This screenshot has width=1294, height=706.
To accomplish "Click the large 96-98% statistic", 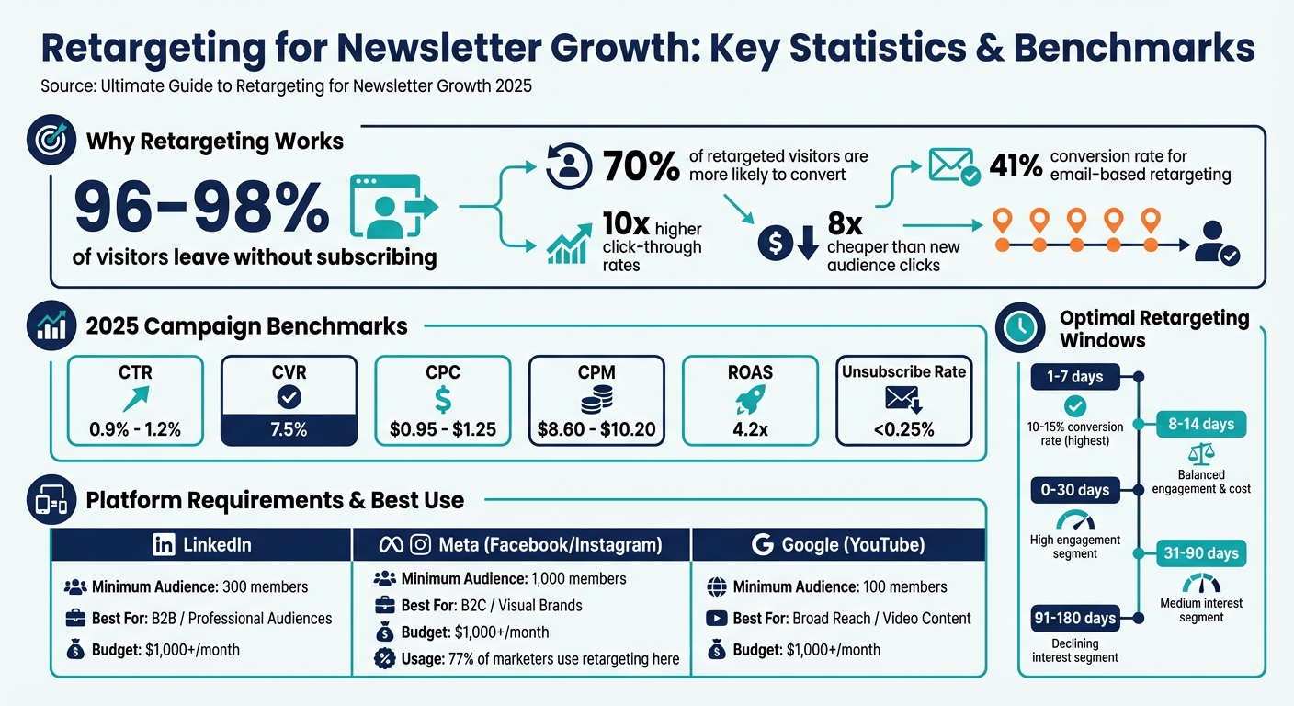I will click(x=200, y=207).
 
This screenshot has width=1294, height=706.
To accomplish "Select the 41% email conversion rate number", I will click(x=1016, y=166).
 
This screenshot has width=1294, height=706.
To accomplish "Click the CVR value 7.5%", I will click(x=288, y=429).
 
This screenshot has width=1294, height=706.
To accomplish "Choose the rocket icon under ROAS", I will click(x=749, y=401).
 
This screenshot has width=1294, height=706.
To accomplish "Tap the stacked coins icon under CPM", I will click(x=596, y=401).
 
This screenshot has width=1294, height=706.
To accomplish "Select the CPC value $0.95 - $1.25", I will click(x=442, y=429).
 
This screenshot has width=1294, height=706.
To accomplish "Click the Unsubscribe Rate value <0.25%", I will click(x=902, y=429).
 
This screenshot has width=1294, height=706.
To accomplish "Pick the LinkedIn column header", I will click(x=201, y=544).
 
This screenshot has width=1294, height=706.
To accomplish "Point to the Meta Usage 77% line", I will click(x=528, y=658).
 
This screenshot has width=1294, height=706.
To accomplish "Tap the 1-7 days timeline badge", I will click(x=1073, y=376).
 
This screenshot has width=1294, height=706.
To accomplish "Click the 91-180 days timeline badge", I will click(x=1074, y=618).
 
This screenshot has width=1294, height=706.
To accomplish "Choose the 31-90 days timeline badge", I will click(x=1201, y=553).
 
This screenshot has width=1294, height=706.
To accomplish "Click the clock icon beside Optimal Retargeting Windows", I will click(x=1020, y=327).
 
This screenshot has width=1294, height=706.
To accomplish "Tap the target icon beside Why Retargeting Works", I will click(x=52, y=142).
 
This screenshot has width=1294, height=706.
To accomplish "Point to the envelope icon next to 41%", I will click(x=953, y=166).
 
